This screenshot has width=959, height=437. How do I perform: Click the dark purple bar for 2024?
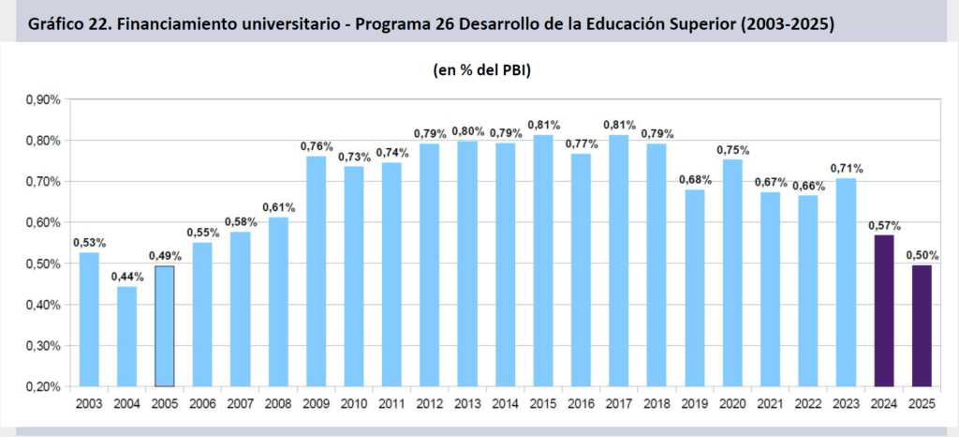(x=883, y=310)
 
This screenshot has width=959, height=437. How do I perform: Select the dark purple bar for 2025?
(x=922, y=325)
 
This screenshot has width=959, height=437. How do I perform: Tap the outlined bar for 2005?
(x=164, y=326)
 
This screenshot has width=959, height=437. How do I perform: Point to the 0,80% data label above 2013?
(x=466, y=130)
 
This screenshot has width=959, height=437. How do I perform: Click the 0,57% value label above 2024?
(x=883, y=225)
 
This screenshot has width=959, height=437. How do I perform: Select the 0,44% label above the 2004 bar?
(x=126, y=277)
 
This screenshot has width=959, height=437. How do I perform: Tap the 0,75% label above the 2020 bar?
(x=731, y=149)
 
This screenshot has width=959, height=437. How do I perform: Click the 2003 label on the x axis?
(x=88, y=403)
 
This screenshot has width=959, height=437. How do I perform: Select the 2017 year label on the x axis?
(x=618, y=403)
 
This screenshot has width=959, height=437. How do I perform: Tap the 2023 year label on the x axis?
(x=846, y=403)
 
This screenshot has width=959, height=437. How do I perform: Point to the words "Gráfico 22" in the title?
(x=66, y=23)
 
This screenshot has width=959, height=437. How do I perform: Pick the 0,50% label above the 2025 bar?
(x=922, y=255)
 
